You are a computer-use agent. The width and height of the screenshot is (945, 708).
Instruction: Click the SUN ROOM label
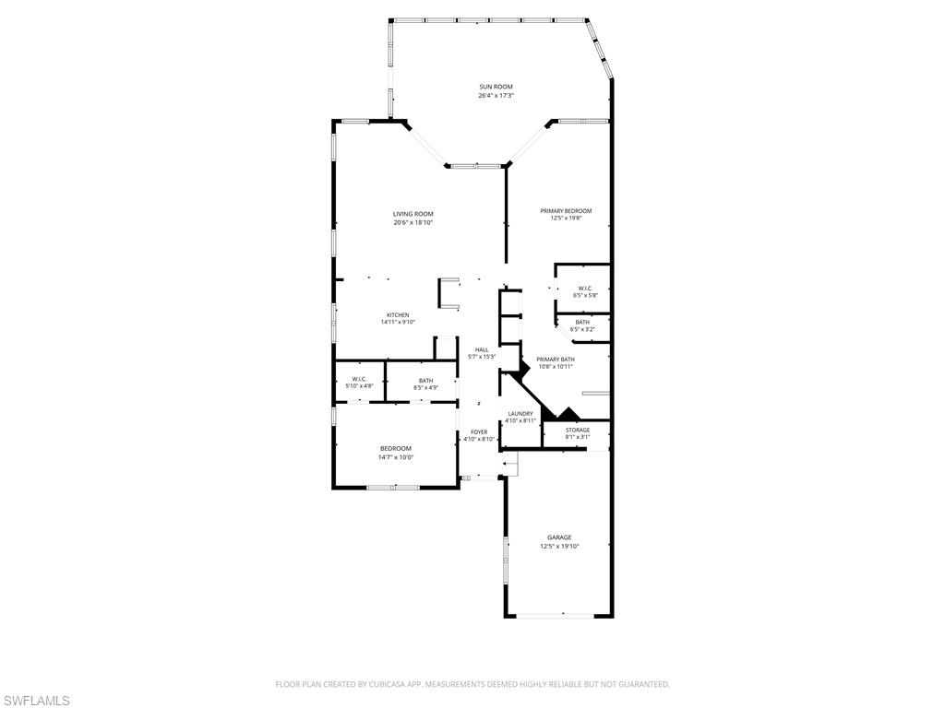pyautogui.click(x=496, y=87)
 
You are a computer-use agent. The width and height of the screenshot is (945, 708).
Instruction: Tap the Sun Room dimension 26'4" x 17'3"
pyautogui.click(x=496, y=96)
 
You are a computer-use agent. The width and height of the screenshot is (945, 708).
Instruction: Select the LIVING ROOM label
pyautogui.click(x=413, y=214)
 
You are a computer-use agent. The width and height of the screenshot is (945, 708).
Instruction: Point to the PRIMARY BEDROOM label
pyautogui.click(x=566, y=211)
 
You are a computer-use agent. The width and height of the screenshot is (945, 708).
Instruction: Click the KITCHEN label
pyautogui.click(x=398, y=314)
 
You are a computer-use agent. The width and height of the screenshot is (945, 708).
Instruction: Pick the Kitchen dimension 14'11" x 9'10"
pyautogui.click(x=398, y=323)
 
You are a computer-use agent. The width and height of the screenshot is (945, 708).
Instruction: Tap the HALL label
pyautogui.click(x=482, y=349)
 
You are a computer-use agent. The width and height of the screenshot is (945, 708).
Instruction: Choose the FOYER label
pyautogui.click(x=479, y=431)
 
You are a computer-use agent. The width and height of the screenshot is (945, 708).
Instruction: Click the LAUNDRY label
pyautogui.click(x=520, y=413)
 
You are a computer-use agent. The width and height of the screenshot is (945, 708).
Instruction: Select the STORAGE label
pyautogui.click(x=578, y=430)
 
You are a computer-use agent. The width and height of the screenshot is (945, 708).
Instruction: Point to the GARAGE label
pyautogui.click(x=559, y=537)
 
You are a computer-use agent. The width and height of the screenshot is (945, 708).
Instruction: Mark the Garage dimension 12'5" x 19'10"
pyautogui.click(x=559, y=547)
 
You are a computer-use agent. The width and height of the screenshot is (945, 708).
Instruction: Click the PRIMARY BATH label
pyautogui.click(x=556, y=359)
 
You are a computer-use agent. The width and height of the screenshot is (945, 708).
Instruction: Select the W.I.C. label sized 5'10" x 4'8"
pyautogui.click(x=360, y=379)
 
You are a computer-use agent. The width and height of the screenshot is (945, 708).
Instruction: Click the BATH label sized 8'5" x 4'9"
pyautogui.click(x=425, y=381)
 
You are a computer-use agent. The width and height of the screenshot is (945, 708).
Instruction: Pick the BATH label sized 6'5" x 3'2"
pyautogui.click(x=582, y=322)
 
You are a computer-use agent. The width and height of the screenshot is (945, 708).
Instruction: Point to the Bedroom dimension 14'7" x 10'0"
pyautogui.click(x=396, y=457)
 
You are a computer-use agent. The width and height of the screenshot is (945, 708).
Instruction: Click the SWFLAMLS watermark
pyautogui.click(x=36, y=701)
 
